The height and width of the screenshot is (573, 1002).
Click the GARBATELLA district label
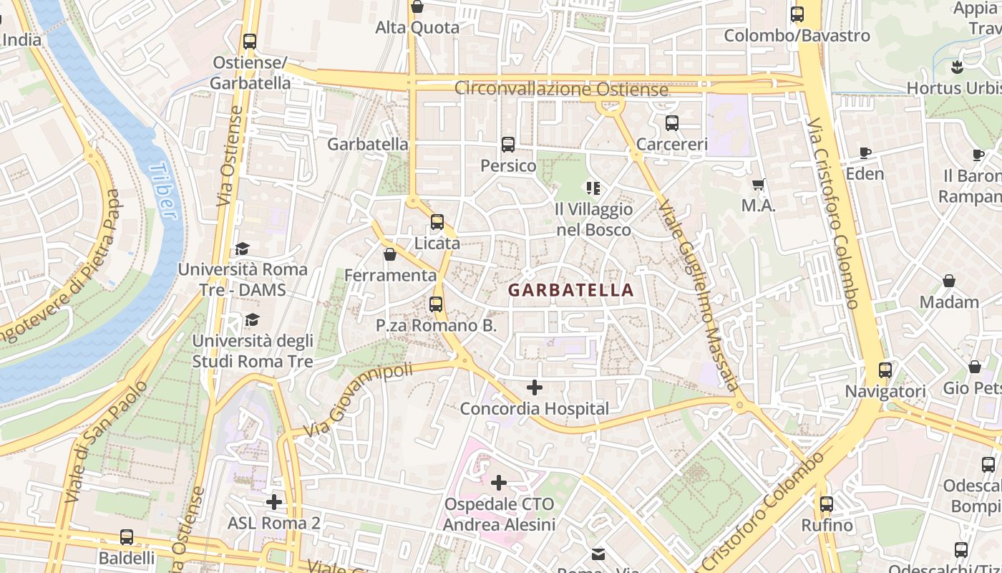point(570,290)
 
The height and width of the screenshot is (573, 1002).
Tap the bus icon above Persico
point(508,145)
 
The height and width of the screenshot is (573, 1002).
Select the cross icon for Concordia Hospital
point(535,387)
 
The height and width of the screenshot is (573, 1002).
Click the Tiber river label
point(163,190)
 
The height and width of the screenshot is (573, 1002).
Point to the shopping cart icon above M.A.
point(759,185)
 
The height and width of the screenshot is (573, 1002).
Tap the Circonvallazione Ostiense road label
point(562,90)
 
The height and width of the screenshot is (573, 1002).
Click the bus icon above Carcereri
point(671,123)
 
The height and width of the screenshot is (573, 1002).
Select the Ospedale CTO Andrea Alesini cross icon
point(499,483)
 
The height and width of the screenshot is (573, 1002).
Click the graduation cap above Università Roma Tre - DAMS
point(242,249)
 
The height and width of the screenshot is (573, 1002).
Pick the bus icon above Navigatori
point(885,370)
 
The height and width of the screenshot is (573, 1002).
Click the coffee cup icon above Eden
point(865,153)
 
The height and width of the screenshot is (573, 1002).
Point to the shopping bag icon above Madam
point(949,281)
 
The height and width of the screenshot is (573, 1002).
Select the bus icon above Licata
point(437,222)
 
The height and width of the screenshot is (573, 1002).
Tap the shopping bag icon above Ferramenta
point(390,254)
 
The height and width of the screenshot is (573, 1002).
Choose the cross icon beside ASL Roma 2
point(273,502)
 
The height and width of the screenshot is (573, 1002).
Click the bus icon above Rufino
point(827,504)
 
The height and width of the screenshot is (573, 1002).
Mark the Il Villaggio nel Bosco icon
point(593,188)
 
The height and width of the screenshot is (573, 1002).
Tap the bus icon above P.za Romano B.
point(436,304)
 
